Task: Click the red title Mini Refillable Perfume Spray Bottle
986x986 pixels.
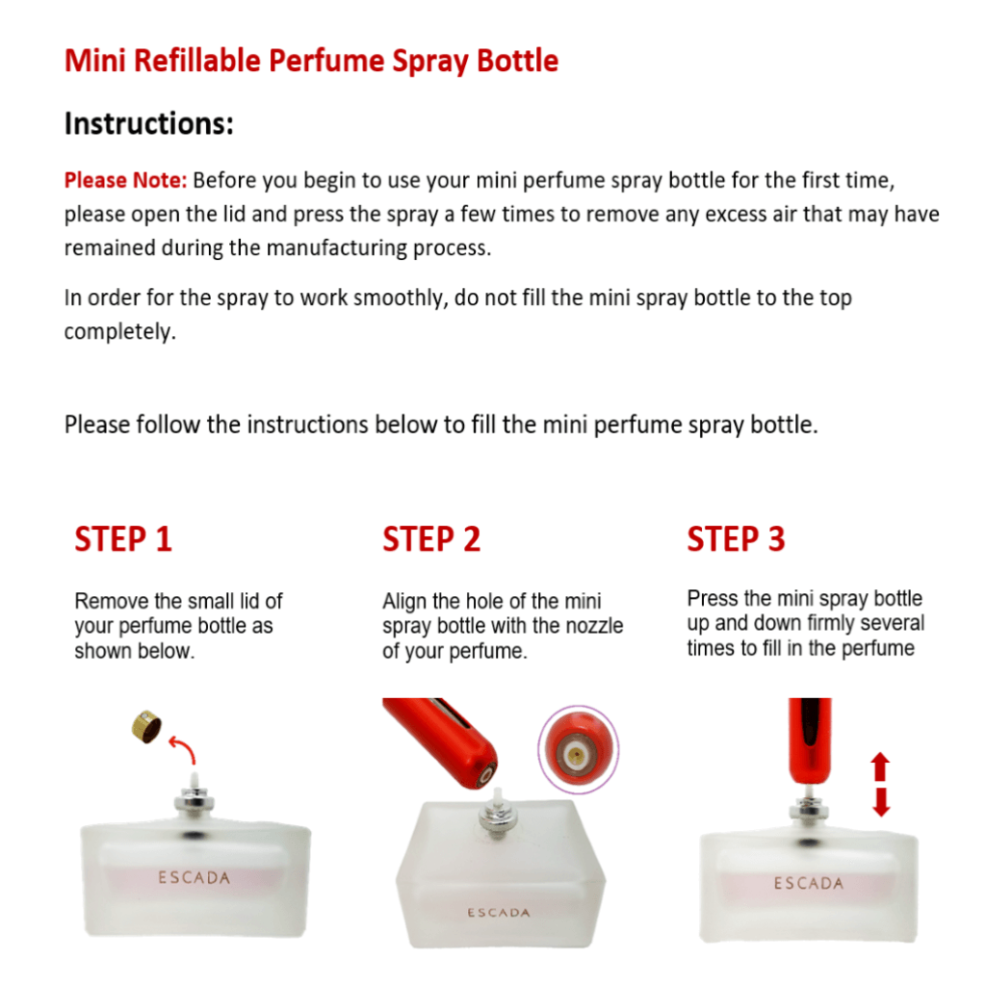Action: point(311,62)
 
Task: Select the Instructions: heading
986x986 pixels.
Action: point(149,123)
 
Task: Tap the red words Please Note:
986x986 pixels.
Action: point(126,180)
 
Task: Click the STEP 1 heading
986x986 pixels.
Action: point(123,539)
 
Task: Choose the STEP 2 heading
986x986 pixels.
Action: point(431,539)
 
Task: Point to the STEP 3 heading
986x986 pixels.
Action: point(736,539)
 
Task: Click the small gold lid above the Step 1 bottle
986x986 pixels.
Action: point(146,727)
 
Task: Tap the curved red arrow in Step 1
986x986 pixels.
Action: point(184,749)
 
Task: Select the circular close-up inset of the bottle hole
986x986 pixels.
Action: point(579,748)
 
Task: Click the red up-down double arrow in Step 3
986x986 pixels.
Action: point(880,784)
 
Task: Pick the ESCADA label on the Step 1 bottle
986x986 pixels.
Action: point(194,877)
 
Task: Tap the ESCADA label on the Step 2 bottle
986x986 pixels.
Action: point(499,913)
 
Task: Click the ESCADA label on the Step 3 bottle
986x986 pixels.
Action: point(809,884)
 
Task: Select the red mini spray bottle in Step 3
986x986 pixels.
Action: point(810,740)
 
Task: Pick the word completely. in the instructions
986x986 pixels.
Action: point(120,332)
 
